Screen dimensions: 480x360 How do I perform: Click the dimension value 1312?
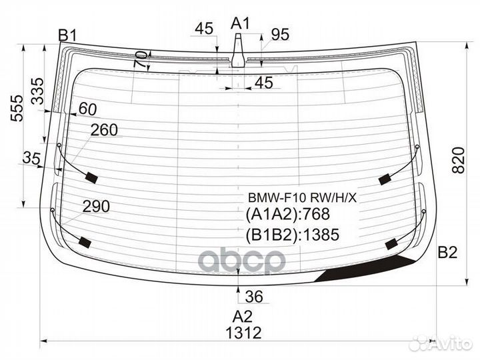(x=243, y=332)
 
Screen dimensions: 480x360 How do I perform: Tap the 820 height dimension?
(x=458, y=161)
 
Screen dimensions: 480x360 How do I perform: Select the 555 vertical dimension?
(x=17, y=109)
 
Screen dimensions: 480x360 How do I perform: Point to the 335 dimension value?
(x=38, y=91)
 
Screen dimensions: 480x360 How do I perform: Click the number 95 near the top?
(x=280, y=35)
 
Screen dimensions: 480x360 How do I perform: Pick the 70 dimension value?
(x=141, y=59)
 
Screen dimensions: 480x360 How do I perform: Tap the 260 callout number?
(x=105, y=130)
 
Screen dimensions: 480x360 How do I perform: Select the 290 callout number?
(x=96, y=206)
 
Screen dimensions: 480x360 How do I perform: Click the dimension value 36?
(x=254, y=296)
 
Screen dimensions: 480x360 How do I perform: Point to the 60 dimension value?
(x=88, y=109)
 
